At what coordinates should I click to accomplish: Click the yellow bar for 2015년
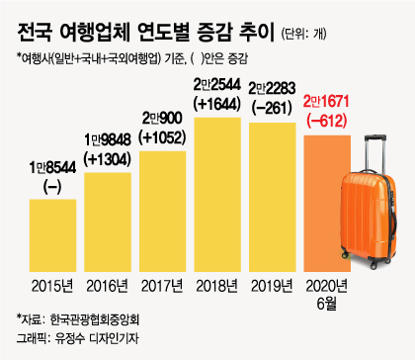pyautogui.click(x=52, y=235)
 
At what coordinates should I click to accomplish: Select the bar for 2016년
pyautogui.click(x=108, y=223)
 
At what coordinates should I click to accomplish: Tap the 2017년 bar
pyautogui.click(x=163, y=212)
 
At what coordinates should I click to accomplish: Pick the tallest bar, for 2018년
pyautogui.click(x=217, y=195)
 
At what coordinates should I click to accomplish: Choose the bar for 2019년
pyautogui.click(x=273, y=197)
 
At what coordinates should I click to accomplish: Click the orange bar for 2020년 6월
pyautogui.click(x=327, y=204)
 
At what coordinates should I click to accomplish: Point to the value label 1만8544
pyautogui.click(x=52, y=167)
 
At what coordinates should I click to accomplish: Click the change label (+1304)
pyautogui.click(x=108, y=159)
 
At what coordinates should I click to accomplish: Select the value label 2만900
pyautogui.click(x=162, y=119)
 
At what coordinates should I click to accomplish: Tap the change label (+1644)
pyautogui.click(x=217, y=105)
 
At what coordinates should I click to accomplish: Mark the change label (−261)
pyautogui.click(x=272, y=109)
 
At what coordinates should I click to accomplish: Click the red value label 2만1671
pyautogui.click(x=326, y=102)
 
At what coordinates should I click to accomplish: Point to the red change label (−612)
pyautogui.click(x=327, y=122)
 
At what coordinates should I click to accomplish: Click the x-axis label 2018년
pyautogui.click(x=216, y=287)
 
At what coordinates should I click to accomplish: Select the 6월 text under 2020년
pyautogui.click(x=327, y=304)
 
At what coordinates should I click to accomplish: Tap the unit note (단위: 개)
pyautogui.click(x=303, y=34)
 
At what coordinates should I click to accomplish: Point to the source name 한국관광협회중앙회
pyautogui.click(x=95, y=319)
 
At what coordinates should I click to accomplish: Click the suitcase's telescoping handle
pyautogui.click(x=375, y=153)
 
